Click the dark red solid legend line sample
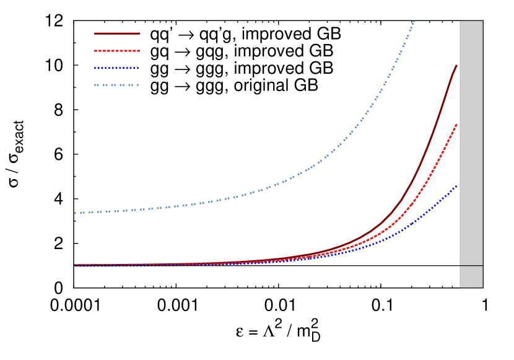[x=116, y=33]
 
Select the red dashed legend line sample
[x=116, y=51]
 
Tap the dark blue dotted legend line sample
[x=116, y=68]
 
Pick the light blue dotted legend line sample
[x=116, y=85]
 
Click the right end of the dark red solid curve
[x=456, y=66]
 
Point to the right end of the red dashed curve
[x=456, y=125]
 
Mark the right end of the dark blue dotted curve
[x=456, y=186]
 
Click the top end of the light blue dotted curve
[x=414, y=22]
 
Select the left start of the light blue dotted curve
[x=76, y=213]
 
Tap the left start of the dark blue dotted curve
[x=76, y=266]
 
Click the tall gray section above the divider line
[x=471, y=143]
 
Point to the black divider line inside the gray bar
[x=471, y=266]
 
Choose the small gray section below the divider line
[x=471, y=277]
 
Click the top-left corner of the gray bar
[x=460, y=21]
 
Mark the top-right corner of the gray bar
[x=482, y=21]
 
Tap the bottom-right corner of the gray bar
[x=482, y=288]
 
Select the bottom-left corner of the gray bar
[x=460, y=288]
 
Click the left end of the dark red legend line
[x=95, y=33]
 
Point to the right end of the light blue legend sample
[x=138, y=85]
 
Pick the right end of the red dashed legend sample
[x=139, y=51]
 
